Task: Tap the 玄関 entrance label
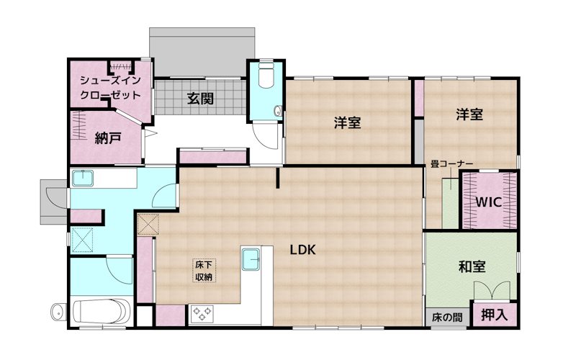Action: pos(200,99)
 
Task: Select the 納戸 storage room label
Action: pos(108,139)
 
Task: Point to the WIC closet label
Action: pos(489,202)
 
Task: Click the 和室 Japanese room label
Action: pos(472,267)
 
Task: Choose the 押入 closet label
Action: pos(494,314)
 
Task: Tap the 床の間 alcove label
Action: pos(446,317)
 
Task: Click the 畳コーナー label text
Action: pos(451,163)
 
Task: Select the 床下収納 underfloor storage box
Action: pos(204,271)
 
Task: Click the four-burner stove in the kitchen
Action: pos(202,313)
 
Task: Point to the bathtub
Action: pos(102,312)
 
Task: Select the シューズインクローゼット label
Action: pos(110,87)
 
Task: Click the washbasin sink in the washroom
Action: pos(85,178)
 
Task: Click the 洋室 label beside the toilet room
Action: pos(347,122)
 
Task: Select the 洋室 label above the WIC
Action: pos(469,114)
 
